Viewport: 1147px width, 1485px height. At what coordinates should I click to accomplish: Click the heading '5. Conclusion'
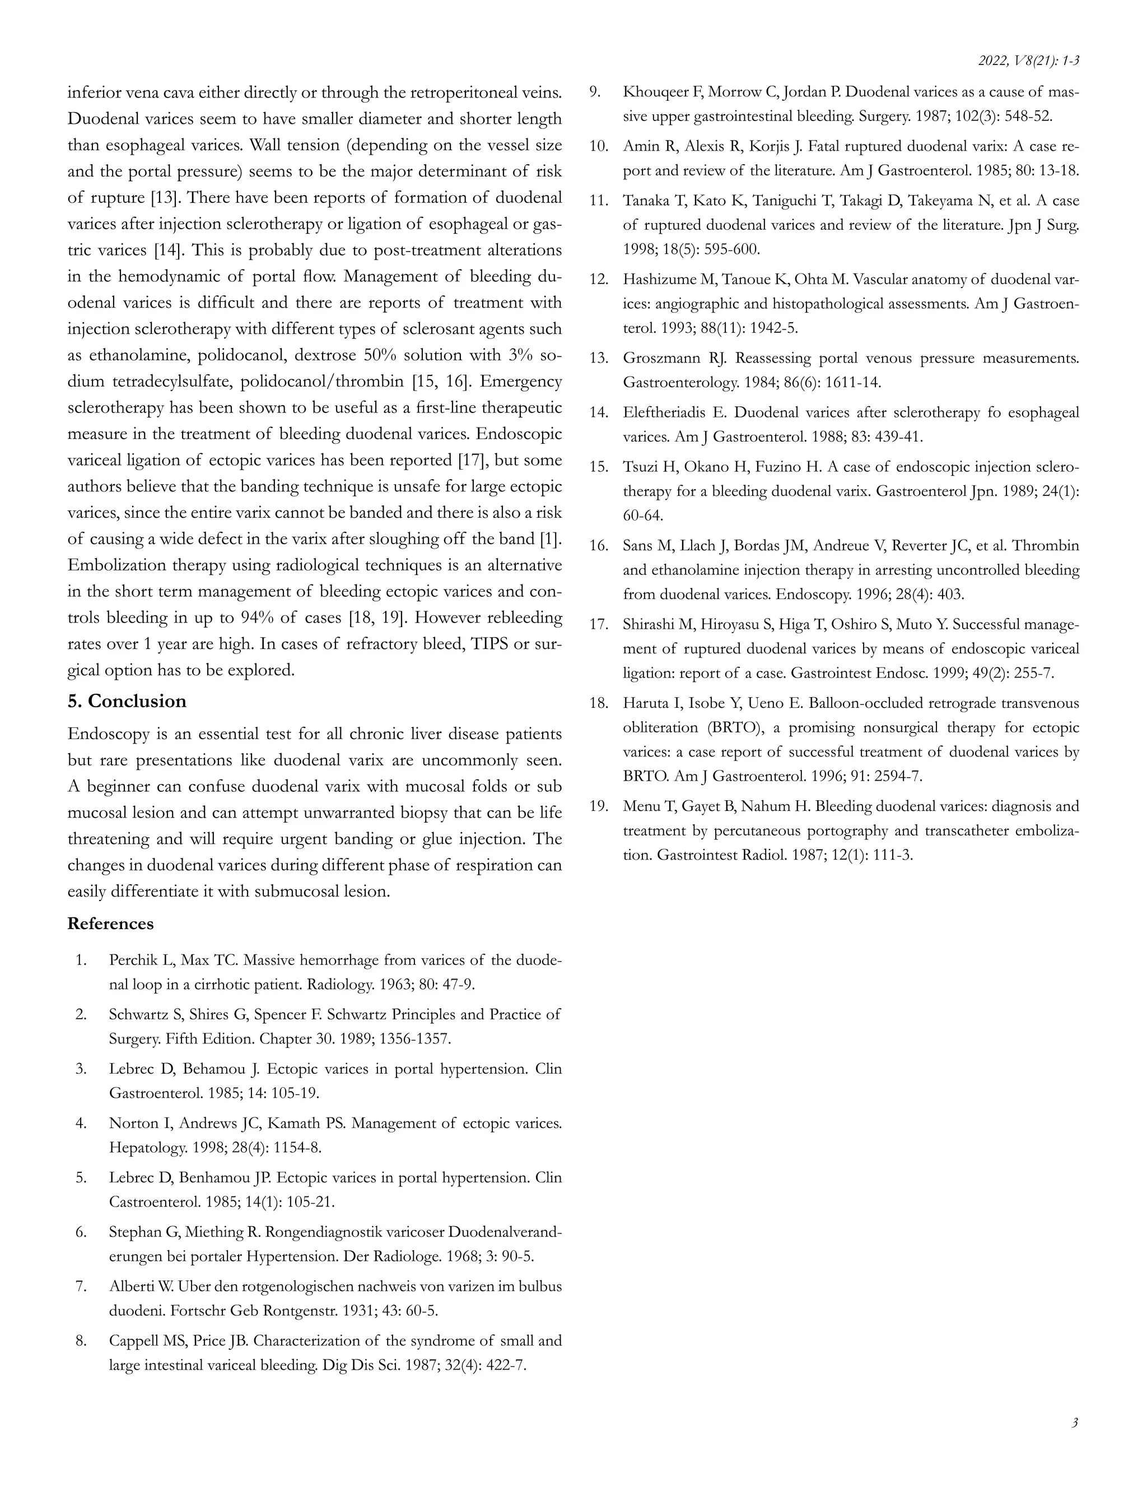[127, 701]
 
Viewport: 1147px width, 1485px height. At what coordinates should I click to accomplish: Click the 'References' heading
[110, 924]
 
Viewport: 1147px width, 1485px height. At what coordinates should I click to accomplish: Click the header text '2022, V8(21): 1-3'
[1029, 61]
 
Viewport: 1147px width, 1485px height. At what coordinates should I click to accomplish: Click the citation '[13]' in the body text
[165, 198]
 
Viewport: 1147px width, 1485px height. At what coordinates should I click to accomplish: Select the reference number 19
[598, 806]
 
